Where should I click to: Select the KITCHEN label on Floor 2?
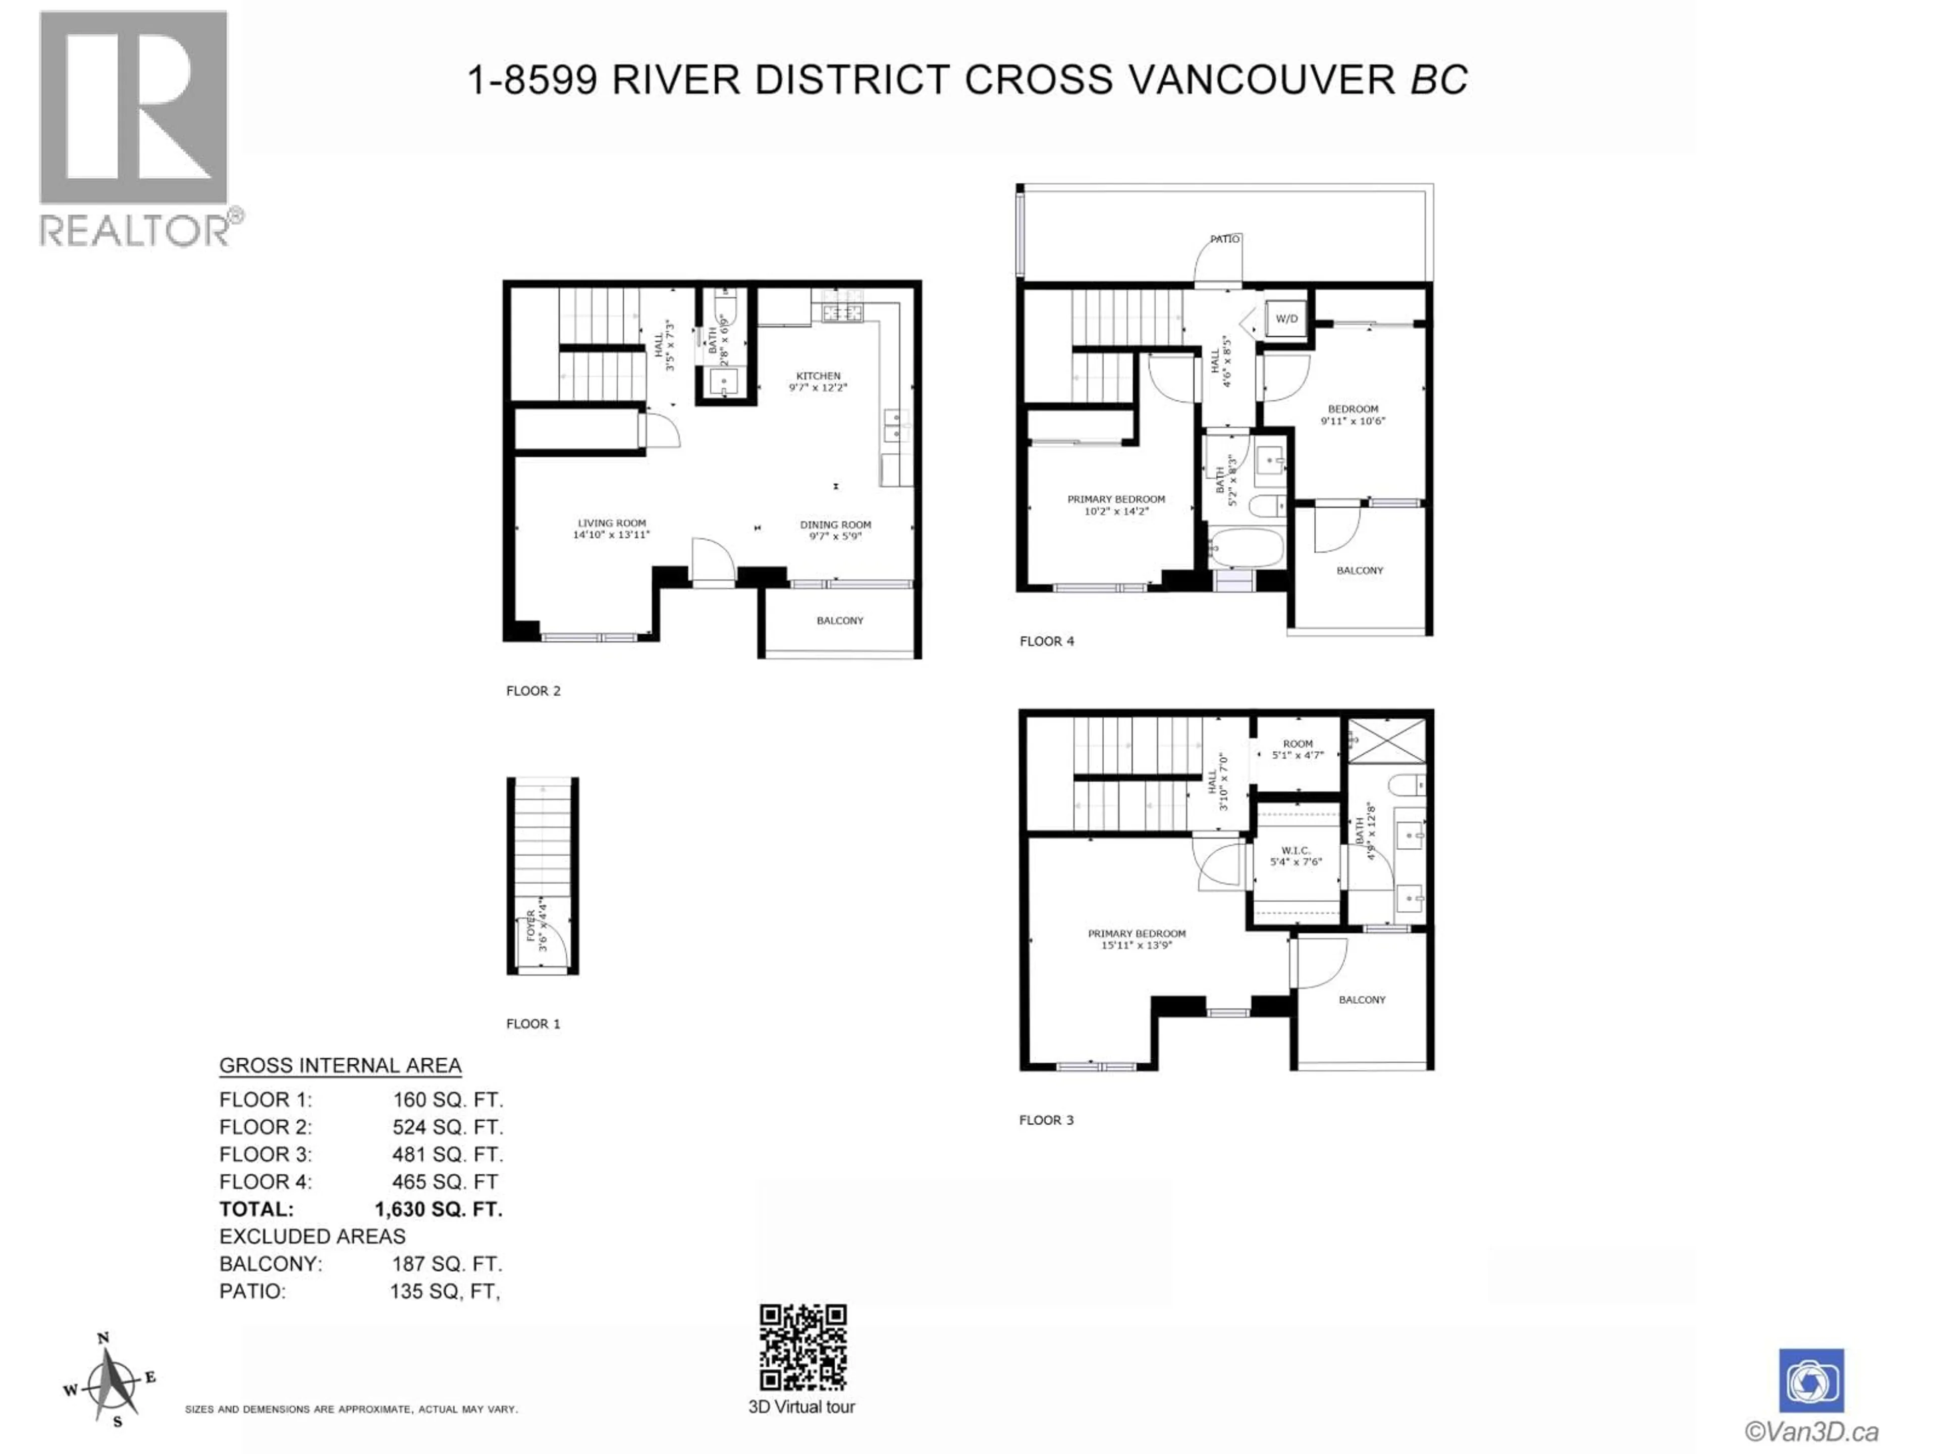pos(818,381)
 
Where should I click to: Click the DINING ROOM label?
pos(835,530)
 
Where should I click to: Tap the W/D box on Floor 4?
pos(1286,319)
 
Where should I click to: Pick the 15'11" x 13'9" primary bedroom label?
pos(1137,939)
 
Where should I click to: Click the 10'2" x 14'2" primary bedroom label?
pos(1115,505)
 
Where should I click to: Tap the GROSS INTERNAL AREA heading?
pos(340,1066)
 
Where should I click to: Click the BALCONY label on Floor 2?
pos(839,620)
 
